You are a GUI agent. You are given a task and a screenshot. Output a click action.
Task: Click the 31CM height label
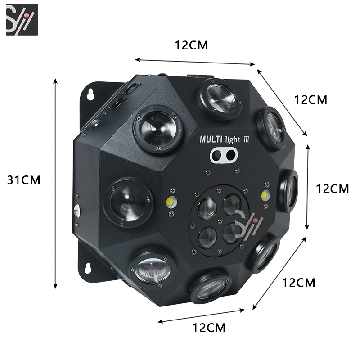[x=24, y=180]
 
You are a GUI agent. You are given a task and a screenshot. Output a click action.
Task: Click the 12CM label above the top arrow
[x=191, y=45]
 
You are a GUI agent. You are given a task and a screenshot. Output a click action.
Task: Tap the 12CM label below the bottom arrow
[x=209, y=328]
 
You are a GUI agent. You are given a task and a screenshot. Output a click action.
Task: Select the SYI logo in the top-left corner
[x=22, y=19]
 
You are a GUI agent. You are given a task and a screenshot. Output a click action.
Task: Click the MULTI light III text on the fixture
[x=224, y=139]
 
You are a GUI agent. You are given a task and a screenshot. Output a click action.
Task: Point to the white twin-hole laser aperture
[x=224, y=155]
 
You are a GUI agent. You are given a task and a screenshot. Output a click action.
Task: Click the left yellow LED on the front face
[x=171, y=202]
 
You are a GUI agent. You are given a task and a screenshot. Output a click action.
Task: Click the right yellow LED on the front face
[x=265, y=195]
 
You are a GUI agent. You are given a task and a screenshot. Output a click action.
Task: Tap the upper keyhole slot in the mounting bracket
[x=90, y=94]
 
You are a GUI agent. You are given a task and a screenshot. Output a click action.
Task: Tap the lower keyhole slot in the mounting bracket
[x=88, y=268]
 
